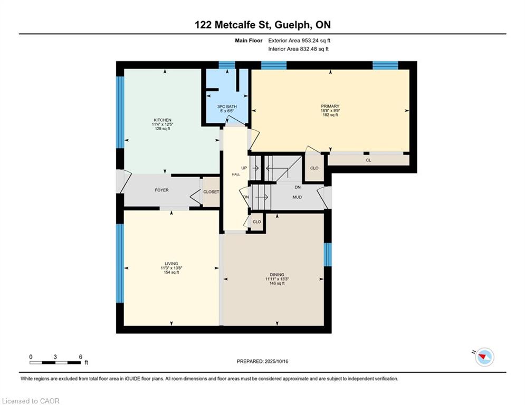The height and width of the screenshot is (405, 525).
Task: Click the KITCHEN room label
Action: click(163, 120)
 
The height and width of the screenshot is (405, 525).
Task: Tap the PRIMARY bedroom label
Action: click(330, 106)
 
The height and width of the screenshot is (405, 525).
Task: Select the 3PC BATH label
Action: click(227, 107)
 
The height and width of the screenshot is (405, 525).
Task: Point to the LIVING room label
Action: click(171, 264)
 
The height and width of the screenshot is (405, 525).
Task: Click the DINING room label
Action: click(277, 274)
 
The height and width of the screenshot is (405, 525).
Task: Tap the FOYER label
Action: click(161, 190)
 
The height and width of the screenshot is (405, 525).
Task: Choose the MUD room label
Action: click(297, 197)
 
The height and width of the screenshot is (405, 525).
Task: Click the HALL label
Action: click(236, 175)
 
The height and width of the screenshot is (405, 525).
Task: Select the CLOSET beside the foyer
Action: click(211, 192)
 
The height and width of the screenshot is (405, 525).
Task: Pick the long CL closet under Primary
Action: click(368, 160)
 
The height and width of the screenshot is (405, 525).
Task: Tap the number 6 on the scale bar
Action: click(80, 356)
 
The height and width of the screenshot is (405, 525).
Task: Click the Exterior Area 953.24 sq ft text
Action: click(299, 41)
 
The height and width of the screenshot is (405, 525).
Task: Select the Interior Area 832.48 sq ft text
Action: click(298, 49)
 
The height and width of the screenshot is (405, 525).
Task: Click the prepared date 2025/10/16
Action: click(276, 361)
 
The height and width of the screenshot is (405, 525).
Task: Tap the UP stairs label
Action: click(244, 168)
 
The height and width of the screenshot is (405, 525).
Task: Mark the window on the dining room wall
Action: click(328, 255)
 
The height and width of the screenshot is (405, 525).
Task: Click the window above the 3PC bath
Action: click(227, 65)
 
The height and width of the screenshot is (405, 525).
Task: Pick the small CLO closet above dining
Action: click(257, 221)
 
